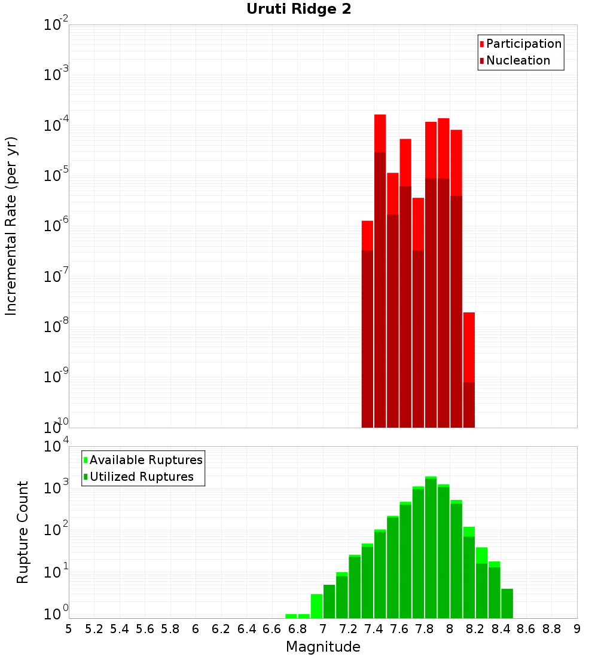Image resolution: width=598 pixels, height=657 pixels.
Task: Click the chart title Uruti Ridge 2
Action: tap(298, 9)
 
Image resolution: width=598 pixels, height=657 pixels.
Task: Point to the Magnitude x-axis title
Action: tap(323, 647)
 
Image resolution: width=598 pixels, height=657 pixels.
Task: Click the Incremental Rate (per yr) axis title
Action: tap(11, 226)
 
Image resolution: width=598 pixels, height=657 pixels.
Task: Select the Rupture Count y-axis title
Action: tap(23, 532)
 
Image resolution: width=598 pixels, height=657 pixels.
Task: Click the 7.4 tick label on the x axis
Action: tap(374, 629)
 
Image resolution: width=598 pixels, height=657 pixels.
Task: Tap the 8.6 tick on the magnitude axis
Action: tap(526, 629)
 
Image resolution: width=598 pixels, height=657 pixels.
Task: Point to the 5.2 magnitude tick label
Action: tap(94, 629)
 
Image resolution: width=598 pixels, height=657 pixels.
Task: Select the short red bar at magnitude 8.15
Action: tap(469, 370)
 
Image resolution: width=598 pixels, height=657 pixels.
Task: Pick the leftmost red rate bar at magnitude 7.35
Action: tap(367, 323)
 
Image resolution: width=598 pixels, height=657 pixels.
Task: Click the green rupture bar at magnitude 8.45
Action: tap(507, 603)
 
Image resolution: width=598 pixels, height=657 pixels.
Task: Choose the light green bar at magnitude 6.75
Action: tap(291, 616)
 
